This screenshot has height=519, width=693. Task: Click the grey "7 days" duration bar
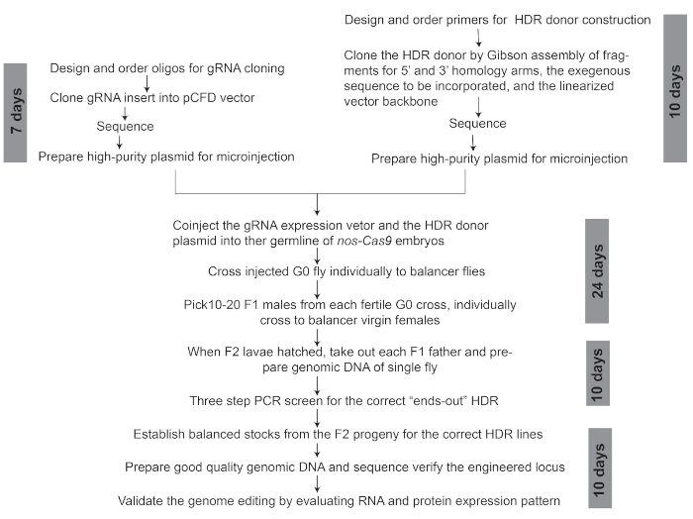(15, 113)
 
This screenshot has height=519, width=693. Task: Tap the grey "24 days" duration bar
(597, 271)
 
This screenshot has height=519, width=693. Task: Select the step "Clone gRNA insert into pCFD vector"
(152, 98)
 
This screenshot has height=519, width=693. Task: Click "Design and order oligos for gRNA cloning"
(167, 68)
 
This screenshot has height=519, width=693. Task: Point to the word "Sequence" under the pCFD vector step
(125, 127)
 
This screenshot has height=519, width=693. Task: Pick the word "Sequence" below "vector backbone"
(477, 124)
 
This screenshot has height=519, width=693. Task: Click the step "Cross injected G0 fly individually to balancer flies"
(346, 271)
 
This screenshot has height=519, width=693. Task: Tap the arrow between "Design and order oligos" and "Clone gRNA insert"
(148, 83)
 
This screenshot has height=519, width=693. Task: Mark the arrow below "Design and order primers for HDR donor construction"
(478, 38)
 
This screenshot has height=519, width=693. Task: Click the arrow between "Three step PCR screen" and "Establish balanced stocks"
(317, 418)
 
